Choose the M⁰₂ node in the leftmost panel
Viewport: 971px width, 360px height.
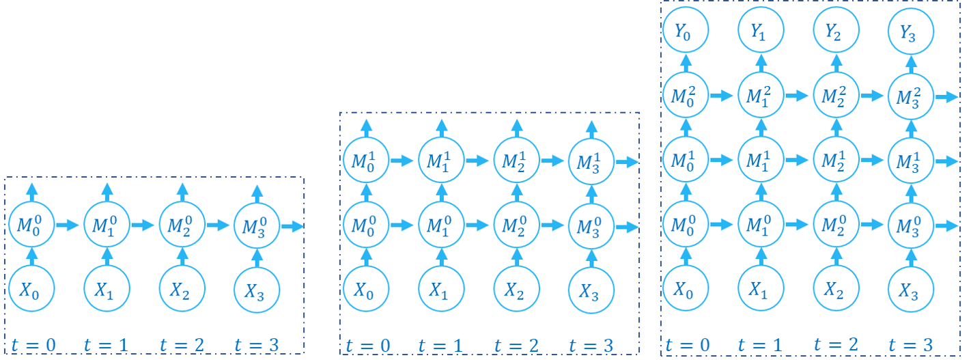181,225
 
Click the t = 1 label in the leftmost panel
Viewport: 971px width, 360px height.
106,344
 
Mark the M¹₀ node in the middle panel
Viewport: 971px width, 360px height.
366,161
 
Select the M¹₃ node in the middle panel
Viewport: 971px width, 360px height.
591,161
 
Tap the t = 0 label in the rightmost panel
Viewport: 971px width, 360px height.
688,344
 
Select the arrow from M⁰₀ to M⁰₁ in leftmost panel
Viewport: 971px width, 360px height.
68,225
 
